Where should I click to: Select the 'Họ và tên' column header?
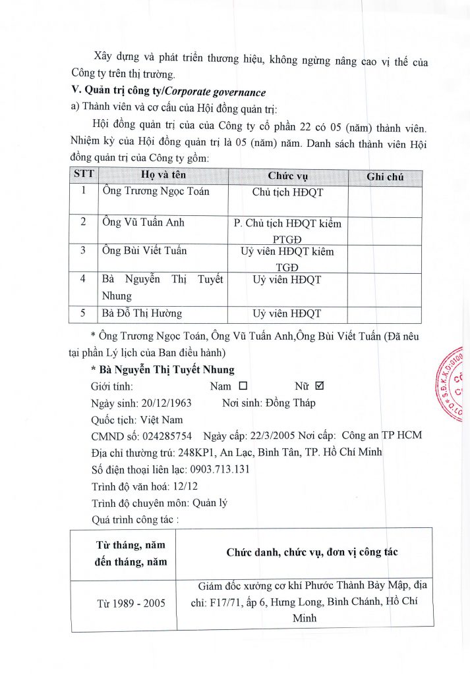click(x=162, y=176)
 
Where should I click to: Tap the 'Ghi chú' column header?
click(x=384, y=176)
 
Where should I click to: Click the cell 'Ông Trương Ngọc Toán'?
click(x=156, y=192)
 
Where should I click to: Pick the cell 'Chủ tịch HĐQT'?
click(x=287, y=192)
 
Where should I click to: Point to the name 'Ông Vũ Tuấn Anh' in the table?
click(x=144, y=222)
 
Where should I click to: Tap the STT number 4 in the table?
click(x=83, y=279)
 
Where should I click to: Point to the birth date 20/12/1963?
click(x=162, y=403)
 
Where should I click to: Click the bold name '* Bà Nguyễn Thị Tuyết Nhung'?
click(x=162, y=370)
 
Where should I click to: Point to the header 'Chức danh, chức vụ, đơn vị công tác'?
click(x=312, y=553)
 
